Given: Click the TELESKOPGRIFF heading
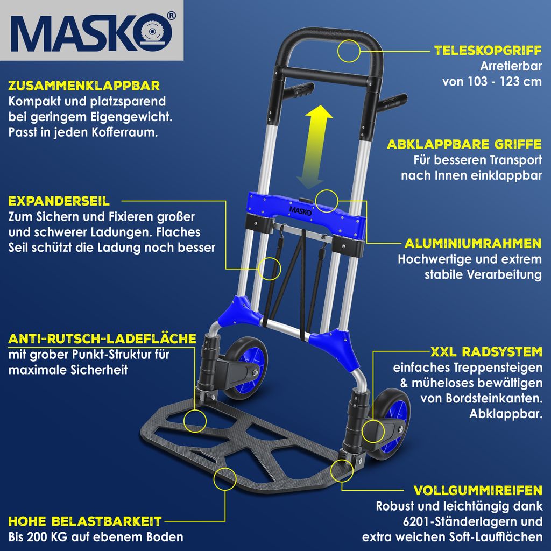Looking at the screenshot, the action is click(x=488, y=51).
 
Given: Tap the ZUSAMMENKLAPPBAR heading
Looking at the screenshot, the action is click(x=84, y=86).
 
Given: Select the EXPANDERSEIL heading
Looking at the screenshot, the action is click(x=59, y=201).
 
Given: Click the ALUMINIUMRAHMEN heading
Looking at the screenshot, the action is click(x=472, y=244).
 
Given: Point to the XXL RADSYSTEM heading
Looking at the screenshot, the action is click(x=486, y=352).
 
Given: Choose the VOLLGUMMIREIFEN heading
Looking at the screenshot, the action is click(x=478, y=490).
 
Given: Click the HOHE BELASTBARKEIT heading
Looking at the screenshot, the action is click(x=84, y=521).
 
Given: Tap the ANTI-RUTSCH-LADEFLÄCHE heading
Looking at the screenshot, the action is click(x=102, y=339).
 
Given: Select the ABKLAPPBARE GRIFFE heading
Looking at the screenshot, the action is click(x=464, y=144).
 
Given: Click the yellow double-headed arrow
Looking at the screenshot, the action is click(x=314, y=147).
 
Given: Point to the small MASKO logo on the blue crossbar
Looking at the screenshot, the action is click(x=300, y=211).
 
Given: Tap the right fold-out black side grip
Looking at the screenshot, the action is click(x=392, y=102).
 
